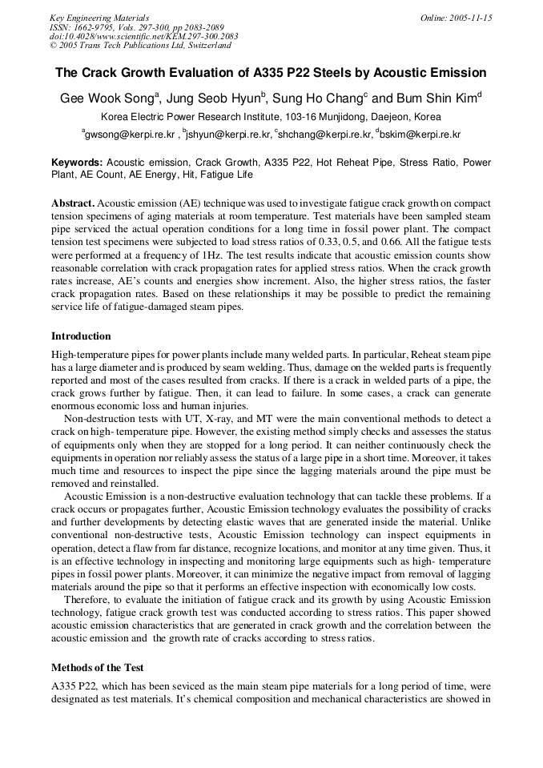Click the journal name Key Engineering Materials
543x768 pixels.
pyautogui.click(x=99, y=18)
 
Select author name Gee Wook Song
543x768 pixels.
pyautogui.click(x=108, y=99)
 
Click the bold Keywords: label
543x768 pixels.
pyautogui.click(x=77, y=162)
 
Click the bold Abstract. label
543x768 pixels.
pyautogui.click(x=73, y=204)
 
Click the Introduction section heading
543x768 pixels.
pyautogui.click(x=81, y=336)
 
